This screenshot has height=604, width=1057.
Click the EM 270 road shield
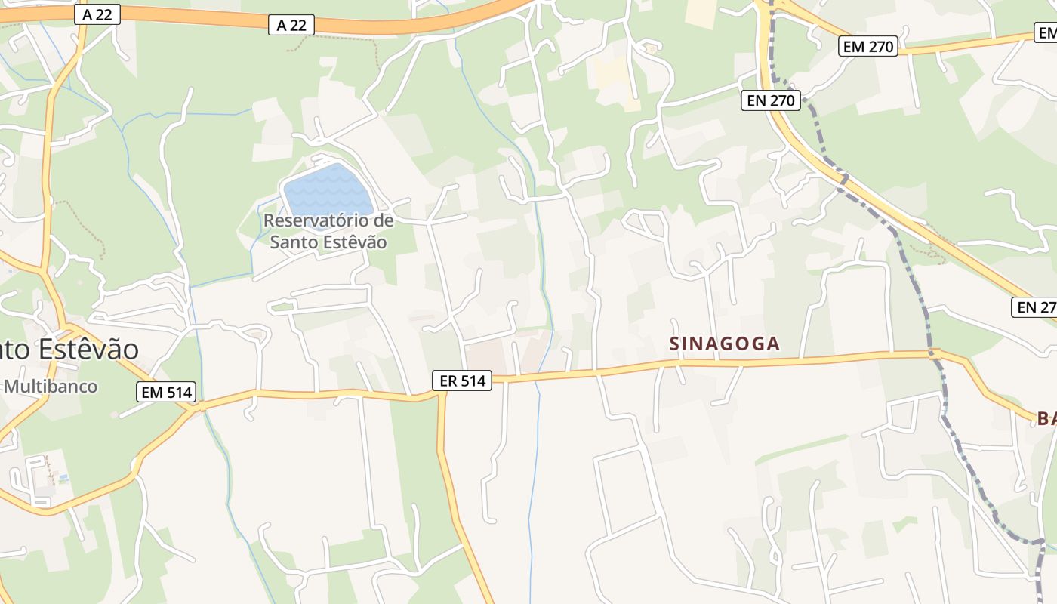[868, 46]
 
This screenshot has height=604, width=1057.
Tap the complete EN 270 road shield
[771, 99]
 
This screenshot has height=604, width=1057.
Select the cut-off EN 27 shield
[1034, 307]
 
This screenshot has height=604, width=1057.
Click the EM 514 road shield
[167, 392]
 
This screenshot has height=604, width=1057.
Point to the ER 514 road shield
[462, 381]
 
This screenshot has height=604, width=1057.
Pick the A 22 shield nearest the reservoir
[291, 25]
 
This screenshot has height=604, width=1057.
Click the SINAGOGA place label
[724, 344]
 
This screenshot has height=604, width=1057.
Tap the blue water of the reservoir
[328, 190]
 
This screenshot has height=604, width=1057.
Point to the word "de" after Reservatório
[384, 221]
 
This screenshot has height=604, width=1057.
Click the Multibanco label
[51, 387]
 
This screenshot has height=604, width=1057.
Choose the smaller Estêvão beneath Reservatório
[356, 242]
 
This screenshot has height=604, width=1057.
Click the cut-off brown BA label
[1046, 418]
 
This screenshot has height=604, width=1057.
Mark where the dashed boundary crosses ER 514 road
[935, 353]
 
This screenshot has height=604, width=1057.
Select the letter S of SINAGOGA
[675, 344]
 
